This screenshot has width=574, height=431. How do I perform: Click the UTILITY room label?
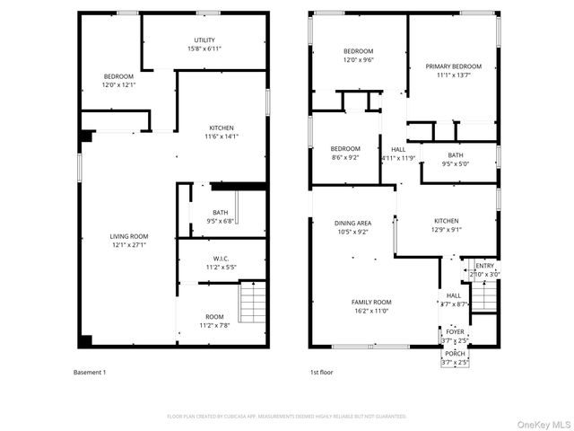click(204, 40)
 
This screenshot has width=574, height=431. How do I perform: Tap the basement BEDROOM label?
click(118, 76)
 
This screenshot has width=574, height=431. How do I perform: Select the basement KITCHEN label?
click(222, 128)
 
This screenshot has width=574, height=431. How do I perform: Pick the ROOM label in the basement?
click(214, 316)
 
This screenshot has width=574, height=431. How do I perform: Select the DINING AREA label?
click(352, 223)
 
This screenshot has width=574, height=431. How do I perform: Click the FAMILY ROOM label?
click(370, 302)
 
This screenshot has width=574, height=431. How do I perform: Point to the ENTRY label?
click(484, 266)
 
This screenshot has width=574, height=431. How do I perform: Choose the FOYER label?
click(456, 331)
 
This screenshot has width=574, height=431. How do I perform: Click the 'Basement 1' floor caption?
click(89, 372)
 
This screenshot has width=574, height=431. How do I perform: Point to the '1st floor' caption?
click(321, 372)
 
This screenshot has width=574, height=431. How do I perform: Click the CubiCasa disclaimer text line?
click(287, 417)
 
